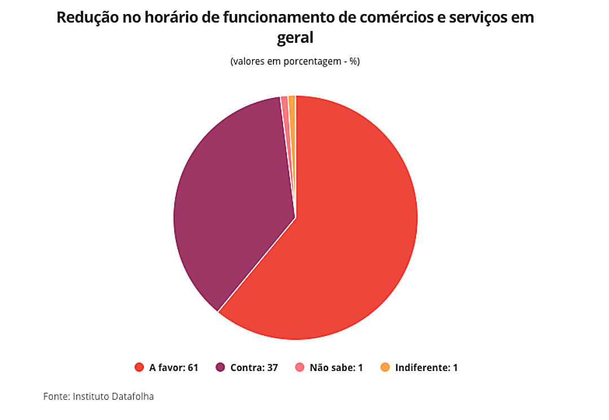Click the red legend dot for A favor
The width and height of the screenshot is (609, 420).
pyautogui.click(x=139, y=368)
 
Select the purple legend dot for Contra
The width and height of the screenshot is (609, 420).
pyautogui.click(x=220, y=368)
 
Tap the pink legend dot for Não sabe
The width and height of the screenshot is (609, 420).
pyautogui.click(x=300, y=368)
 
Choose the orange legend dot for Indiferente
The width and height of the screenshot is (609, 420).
pyautogui.click(x=385, y=368)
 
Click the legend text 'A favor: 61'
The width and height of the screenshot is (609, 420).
pyautogui.click(x=173, y=368)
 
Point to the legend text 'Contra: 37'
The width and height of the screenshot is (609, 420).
pyautogui.click(x=254, y=368)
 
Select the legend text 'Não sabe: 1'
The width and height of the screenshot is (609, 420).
pyautogui.click(x=336, y=368)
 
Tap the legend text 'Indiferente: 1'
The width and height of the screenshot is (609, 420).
pyautogui.click(x=426, y=368)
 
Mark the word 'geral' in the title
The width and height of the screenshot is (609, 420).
pyautogui.click(x=295, y=38)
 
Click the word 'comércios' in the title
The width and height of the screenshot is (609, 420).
pyautogui.click(x=385, y=17)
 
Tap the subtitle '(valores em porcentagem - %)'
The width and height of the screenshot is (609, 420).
pyautogui.click(x=295, y=61)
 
